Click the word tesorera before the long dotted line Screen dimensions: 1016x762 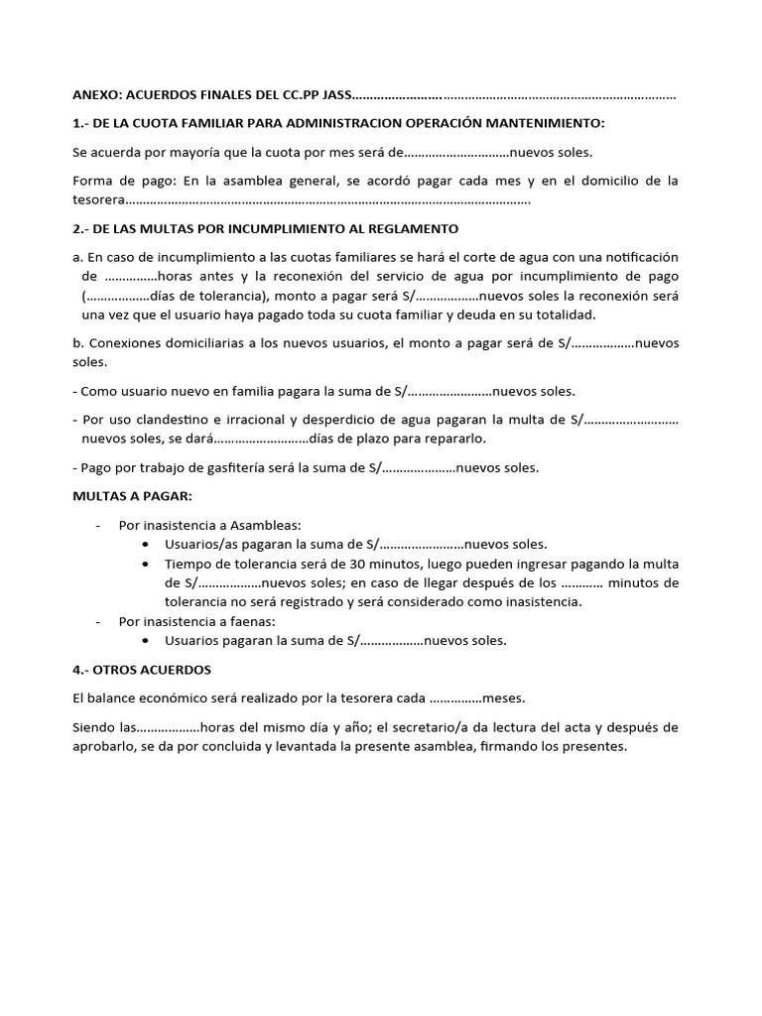pos(100,199)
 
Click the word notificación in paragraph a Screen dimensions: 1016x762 pos(639,256)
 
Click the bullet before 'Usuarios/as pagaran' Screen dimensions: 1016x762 pos(147,544)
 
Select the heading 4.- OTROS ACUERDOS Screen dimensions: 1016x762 pos(142,670)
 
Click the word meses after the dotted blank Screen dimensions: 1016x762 pos(505,698)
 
